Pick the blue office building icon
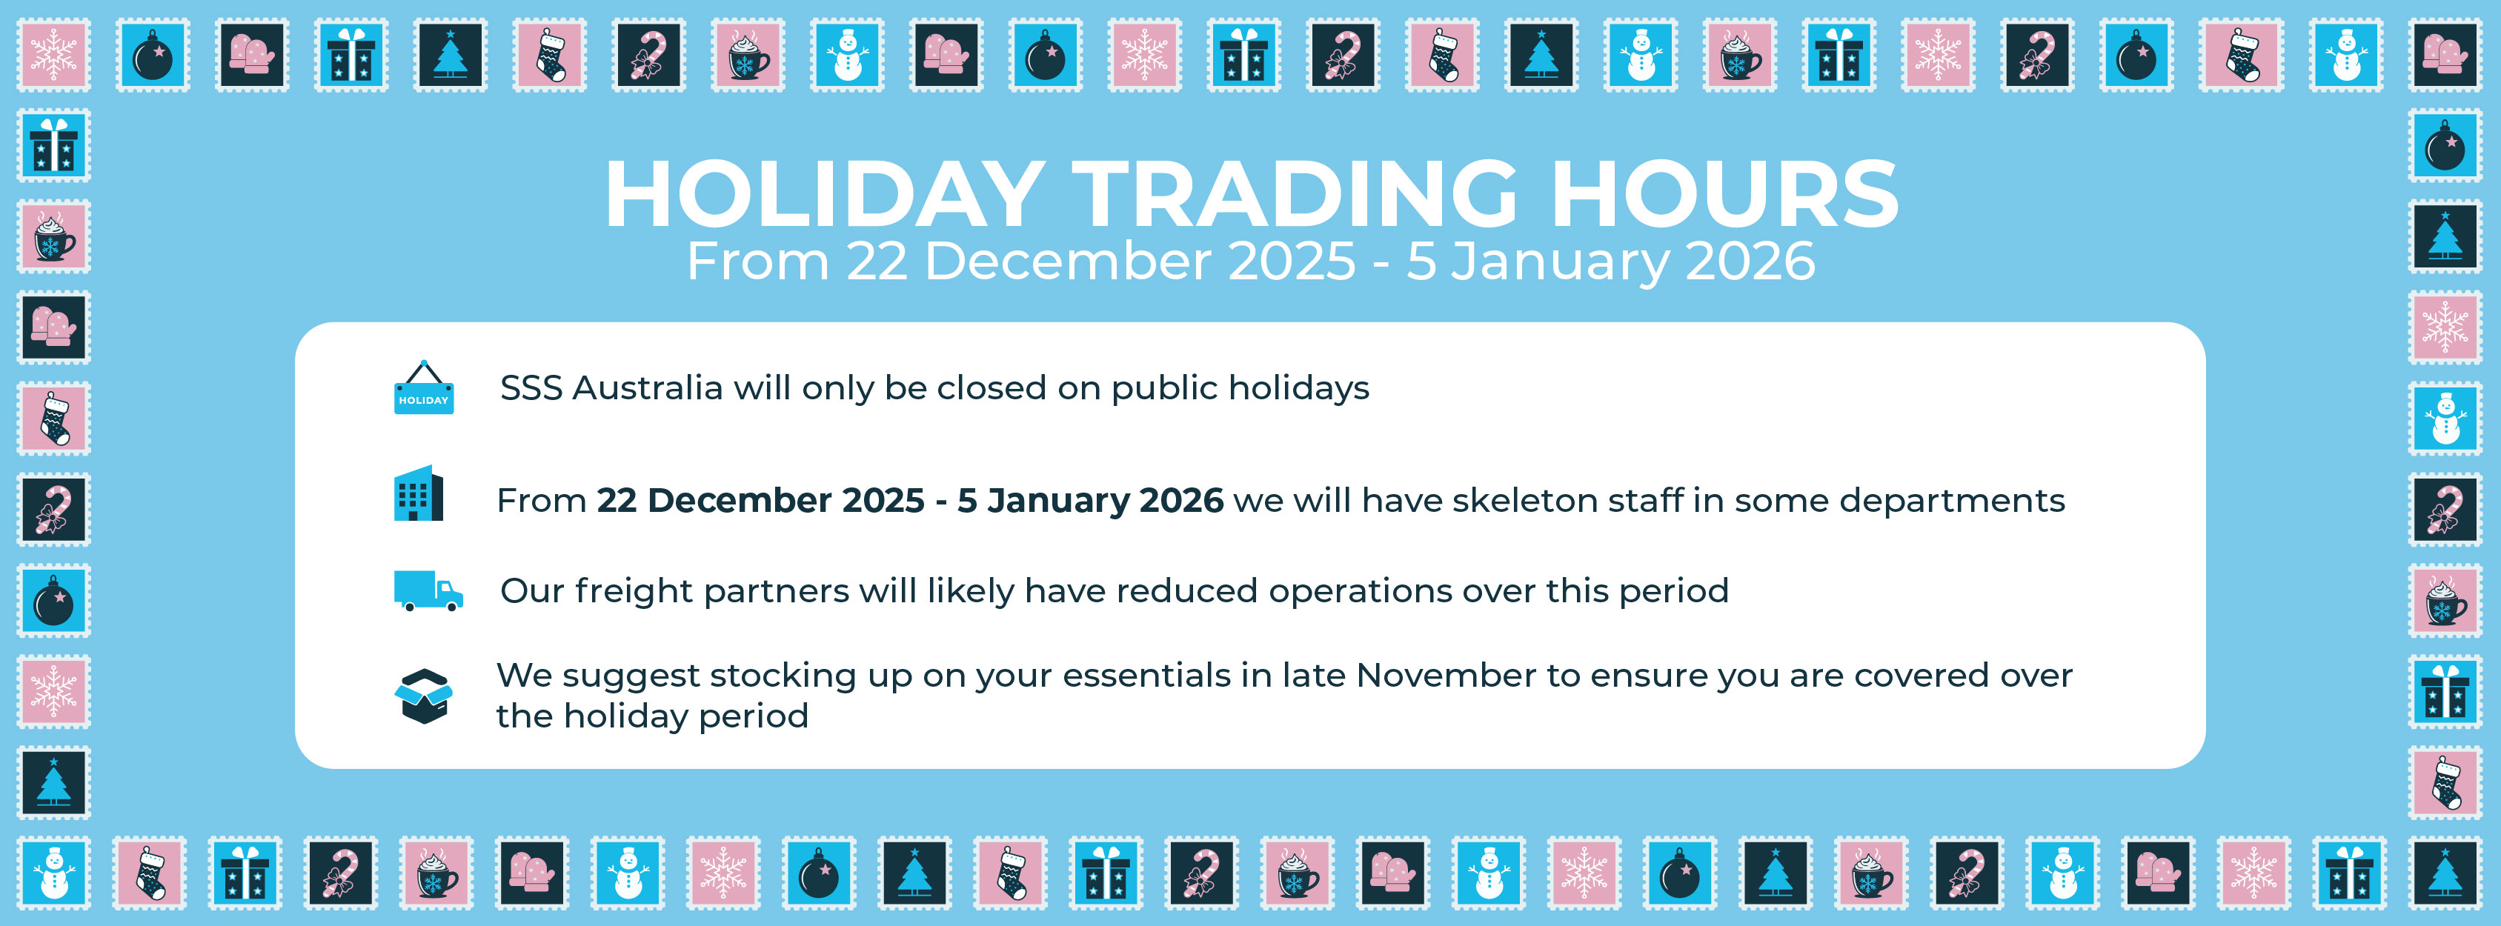coord(419,494)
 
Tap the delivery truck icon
coord(427,590)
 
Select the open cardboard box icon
coord(423,696)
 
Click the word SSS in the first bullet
coord(531,388)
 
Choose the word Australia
coord(648,388)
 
